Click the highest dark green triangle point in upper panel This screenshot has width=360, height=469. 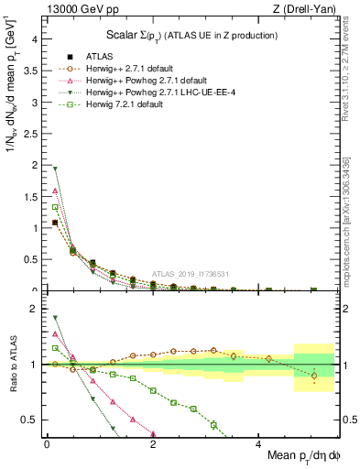pos(55,169)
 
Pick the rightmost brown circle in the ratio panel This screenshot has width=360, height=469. pos(314,376)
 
